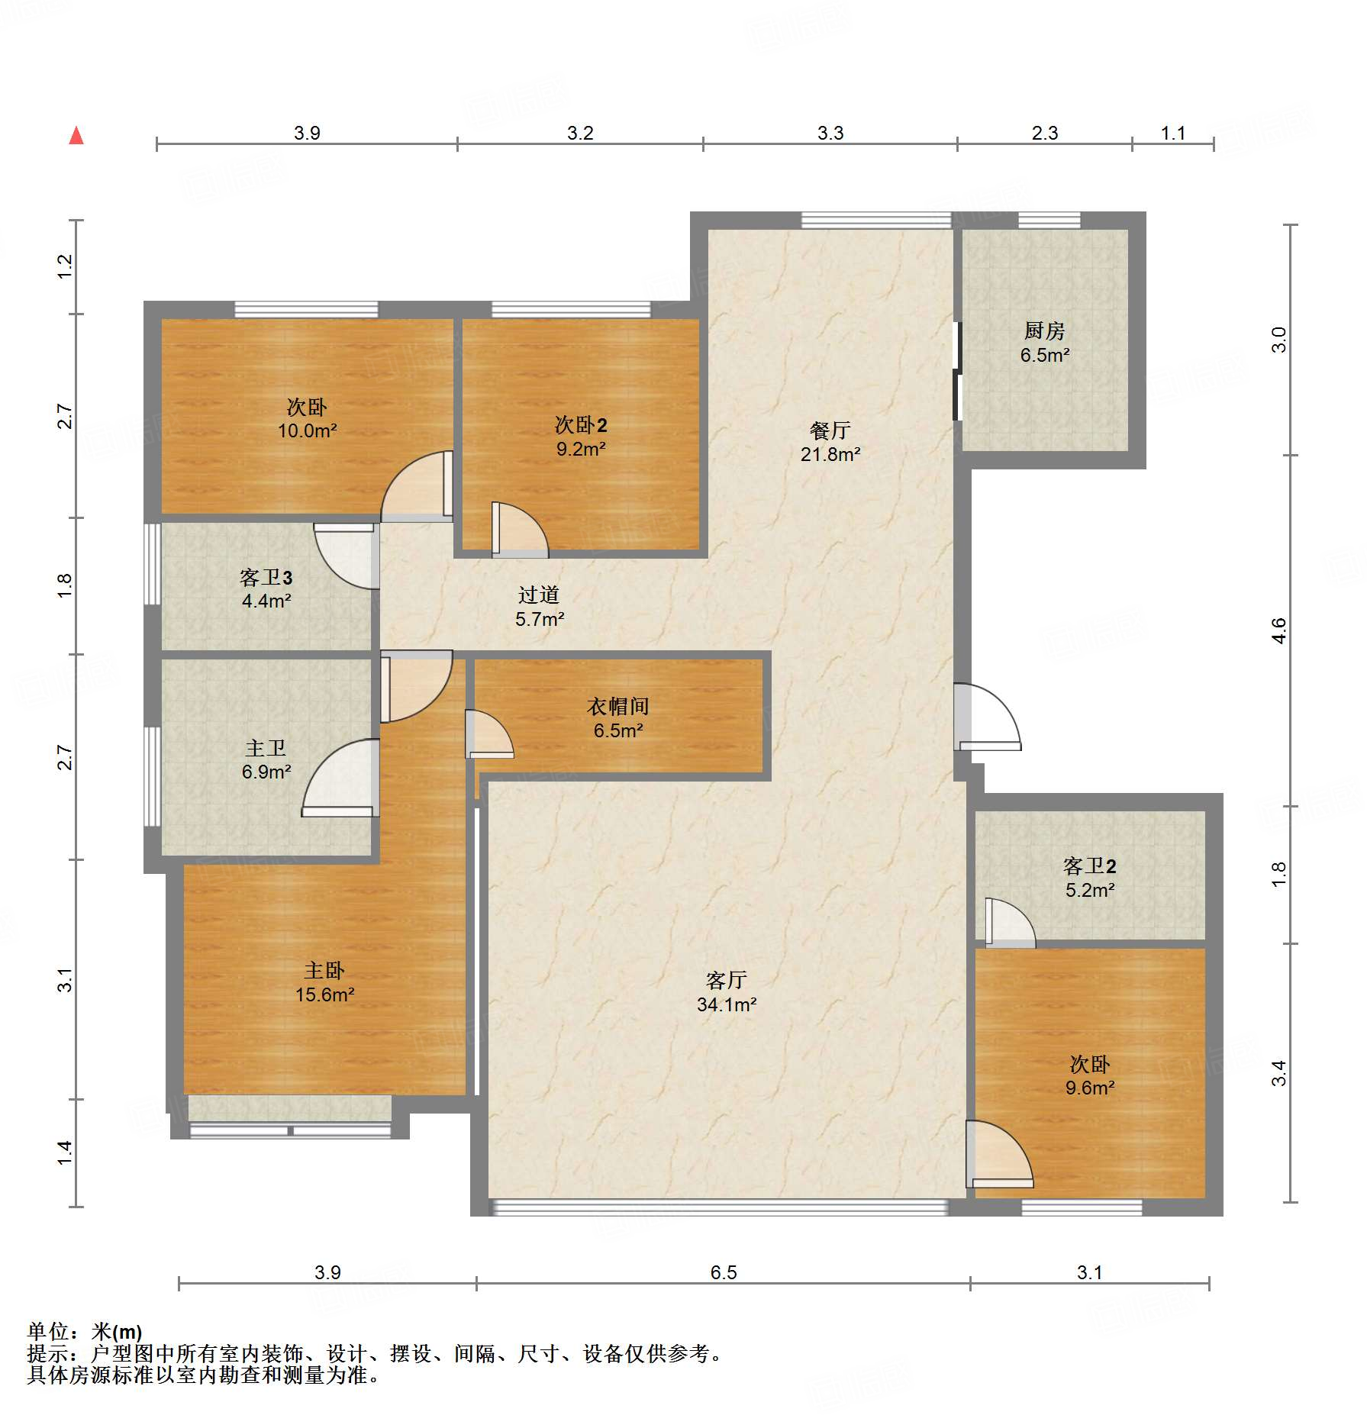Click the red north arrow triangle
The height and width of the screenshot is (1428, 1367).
click(76, 136)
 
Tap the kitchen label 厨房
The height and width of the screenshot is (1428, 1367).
click(1044, 330)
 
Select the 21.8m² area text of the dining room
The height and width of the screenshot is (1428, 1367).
click(830, 454)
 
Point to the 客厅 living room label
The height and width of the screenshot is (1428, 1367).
click(726, 980)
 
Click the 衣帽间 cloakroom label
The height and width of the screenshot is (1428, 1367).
click(617, 707)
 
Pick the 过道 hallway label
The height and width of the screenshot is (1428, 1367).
click(539, 595)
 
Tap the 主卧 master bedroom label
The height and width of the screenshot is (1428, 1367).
click(324, 970)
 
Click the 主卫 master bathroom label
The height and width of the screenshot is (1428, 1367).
click(266, 748)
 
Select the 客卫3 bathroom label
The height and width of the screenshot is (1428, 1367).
click(266, 578)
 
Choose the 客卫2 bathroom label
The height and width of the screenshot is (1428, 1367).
click(1090, 866)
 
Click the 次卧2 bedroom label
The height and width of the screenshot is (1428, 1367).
click(581, 425)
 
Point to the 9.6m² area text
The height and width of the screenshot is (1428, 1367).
click(1090, 1088)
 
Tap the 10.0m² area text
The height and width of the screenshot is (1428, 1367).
click(307, 430)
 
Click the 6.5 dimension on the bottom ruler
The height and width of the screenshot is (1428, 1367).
click(724, 1272)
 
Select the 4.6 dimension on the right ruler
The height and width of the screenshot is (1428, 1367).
click(1279, 630)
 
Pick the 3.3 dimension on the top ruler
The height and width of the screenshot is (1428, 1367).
click(830, 133)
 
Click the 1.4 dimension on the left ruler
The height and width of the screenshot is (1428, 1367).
click(65, 1152)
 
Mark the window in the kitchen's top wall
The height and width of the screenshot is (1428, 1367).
click(1049, 221)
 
